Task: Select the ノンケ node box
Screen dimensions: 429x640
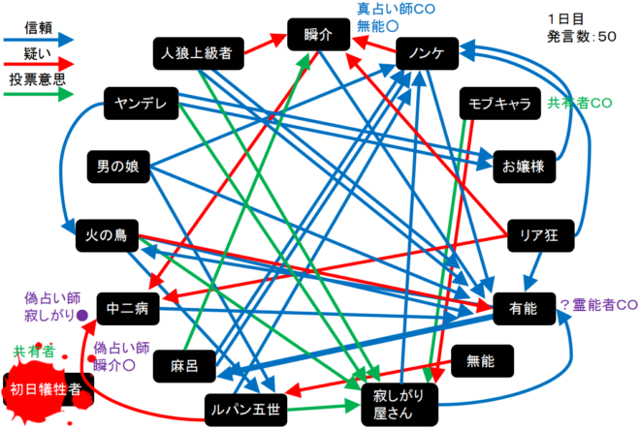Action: [427, 55]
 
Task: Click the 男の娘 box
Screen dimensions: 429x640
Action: [118, 168]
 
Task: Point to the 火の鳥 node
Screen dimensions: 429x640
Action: [108, 234]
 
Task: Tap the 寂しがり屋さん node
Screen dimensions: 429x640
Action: [399, 401]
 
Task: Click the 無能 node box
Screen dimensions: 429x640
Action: [481, 362]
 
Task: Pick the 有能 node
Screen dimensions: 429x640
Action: [524, 309]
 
